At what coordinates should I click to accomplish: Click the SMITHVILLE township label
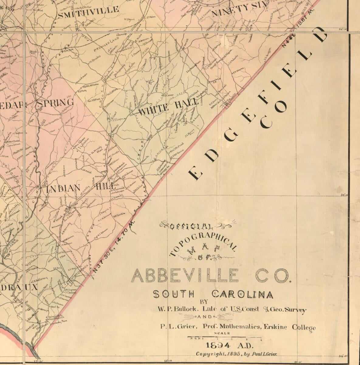coord(88,9)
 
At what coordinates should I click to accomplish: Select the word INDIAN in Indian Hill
coord(63,188)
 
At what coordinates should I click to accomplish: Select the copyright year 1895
coord(236,354)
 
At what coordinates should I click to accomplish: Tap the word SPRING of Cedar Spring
coord(56,103)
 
